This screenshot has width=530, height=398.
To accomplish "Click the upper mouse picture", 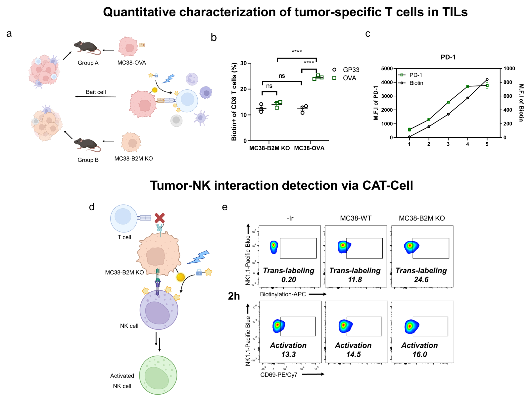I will (87, 48).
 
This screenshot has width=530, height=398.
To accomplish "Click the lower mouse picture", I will (87, 145).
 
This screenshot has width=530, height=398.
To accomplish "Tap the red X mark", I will (160, 218).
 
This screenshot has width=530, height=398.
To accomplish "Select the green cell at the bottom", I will (158, 375).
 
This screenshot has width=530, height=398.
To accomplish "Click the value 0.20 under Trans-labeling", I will (289, 280).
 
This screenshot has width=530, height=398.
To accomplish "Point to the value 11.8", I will (355, 280).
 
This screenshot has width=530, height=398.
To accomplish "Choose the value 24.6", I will (421, 280).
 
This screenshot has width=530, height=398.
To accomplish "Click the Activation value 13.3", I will (288, 355).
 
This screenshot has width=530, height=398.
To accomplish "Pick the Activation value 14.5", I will (354, 355).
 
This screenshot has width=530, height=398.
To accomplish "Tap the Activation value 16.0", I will (420, 355).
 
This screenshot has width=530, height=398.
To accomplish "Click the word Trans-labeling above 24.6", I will (421, 271).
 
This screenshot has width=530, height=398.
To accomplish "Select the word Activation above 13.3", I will (288, 345).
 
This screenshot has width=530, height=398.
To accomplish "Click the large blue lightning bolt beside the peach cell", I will (199, 257).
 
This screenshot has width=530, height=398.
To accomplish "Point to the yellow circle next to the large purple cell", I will (180, 277).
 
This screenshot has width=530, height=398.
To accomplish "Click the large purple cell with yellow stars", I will (159, 310).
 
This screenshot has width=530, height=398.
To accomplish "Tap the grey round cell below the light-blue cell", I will (176, 121).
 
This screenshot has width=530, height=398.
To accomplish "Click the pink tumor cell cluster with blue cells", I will (44, 71).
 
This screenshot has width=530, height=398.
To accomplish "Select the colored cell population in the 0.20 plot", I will (274, 247).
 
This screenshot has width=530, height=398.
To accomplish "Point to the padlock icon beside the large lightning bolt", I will (199, 272).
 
